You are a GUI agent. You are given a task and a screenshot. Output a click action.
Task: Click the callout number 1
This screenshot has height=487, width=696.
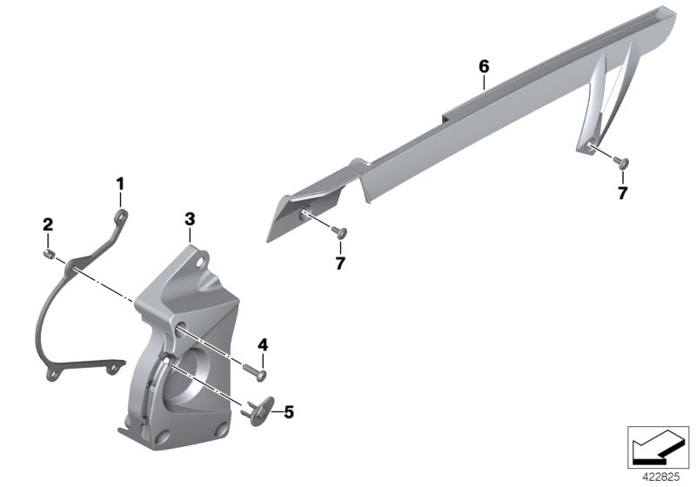[x=120, y=184]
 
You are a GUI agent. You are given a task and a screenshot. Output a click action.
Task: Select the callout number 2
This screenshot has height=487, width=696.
[x=48, y=224]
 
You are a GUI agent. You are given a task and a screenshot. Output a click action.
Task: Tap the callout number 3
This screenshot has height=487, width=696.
[x=190, y=219]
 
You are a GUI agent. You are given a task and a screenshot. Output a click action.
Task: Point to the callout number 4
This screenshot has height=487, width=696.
[x=263, y=344]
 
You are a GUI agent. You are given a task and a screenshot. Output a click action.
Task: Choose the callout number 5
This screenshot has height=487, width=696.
[x=289, y=412]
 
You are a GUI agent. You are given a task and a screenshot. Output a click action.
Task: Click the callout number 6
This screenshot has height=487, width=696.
[x=484, y=67]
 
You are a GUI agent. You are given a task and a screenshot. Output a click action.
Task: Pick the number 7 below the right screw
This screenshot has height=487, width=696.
[x=623, y=193]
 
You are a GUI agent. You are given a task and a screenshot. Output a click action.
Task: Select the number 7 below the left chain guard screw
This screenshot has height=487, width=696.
[x=340, y=264]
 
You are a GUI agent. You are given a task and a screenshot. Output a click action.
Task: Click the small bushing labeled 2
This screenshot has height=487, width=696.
[x=49, y=254]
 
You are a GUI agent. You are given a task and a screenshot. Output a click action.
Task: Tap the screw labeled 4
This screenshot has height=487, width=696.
[x=256, y=371]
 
